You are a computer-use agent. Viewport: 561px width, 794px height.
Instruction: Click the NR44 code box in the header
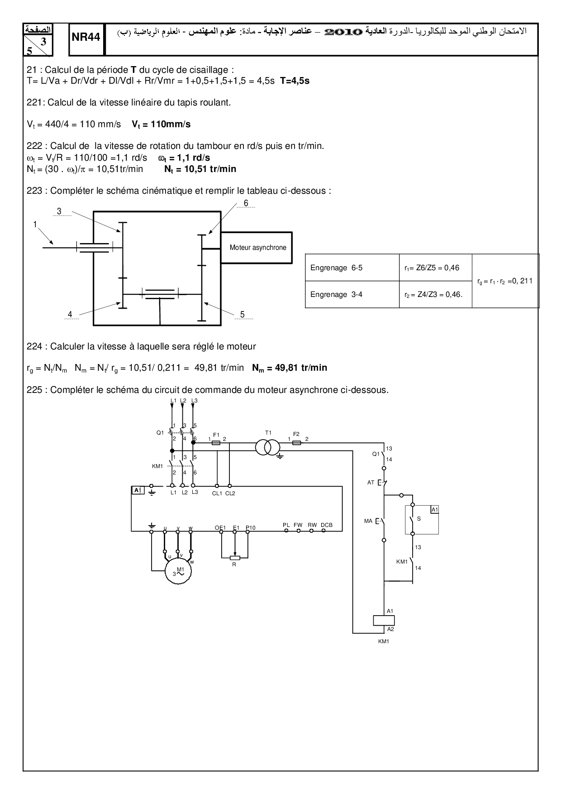86,38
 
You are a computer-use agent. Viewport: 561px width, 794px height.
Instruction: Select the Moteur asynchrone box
258,248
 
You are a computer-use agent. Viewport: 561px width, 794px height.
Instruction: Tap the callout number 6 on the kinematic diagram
246,203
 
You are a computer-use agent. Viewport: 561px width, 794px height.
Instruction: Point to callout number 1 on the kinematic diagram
35,224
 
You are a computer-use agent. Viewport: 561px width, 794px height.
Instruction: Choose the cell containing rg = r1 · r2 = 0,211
505,281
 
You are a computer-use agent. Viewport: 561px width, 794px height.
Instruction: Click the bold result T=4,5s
295,81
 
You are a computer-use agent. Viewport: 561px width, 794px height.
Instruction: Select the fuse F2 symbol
296,443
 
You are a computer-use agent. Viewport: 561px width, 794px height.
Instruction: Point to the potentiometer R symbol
234,558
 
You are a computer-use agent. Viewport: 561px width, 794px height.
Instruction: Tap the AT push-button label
371,483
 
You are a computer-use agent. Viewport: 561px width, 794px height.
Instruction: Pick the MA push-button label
368,521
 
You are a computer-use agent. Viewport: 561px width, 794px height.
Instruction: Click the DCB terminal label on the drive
327,525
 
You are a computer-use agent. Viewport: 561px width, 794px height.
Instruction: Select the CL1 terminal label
217,493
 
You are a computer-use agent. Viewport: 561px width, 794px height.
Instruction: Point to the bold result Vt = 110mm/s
161,124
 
